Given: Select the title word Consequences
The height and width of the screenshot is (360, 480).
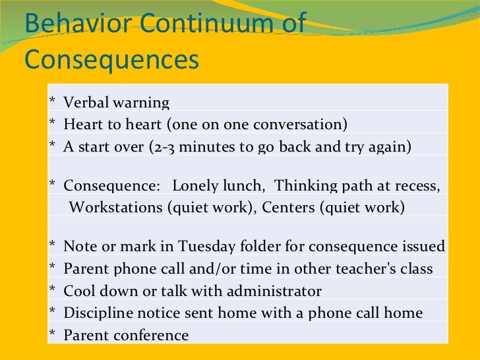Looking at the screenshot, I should click(x=111, y=60).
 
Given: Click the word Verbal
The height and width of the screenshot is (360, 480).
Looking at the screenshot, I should click(x=86, y=104).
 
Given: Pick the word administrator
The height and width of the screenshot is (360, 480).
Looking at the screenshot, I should click(x=273, y=291).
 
